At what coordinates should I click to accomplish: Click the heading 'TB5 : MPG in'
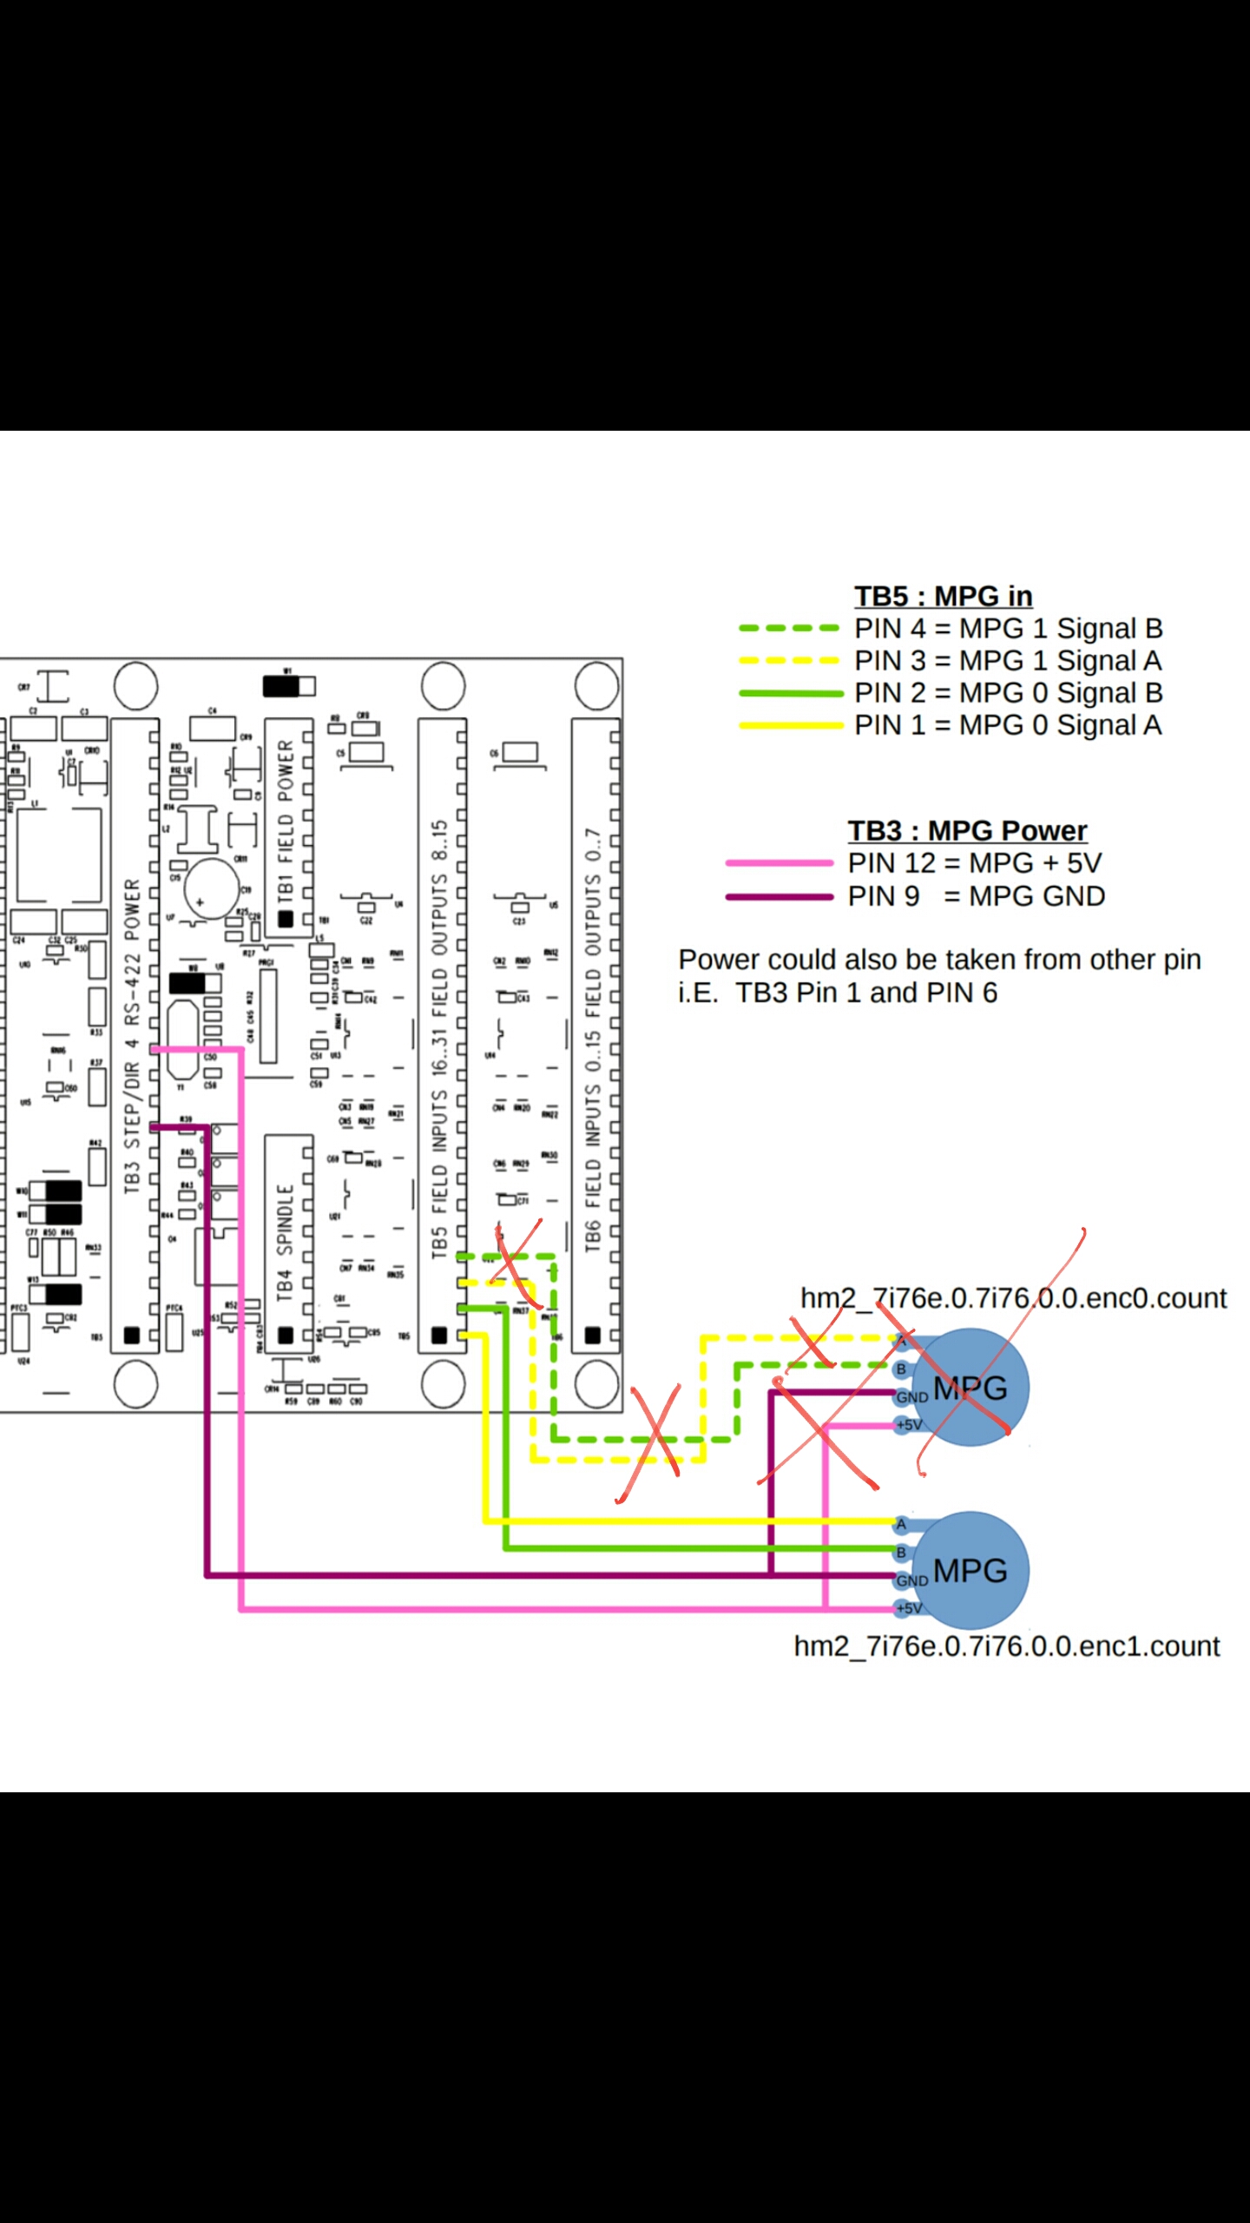(x=943, y=597)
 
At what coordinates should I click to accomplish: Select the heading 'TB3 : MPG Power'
(x=967, y=831)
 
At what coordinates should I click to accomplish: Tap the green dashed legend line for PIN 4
(x=789, y=628)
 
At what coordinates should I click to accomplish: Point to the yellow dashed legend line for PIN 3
(x=789, y=660)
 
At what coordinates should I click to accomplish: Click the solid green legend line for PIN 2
(x=789, y=693)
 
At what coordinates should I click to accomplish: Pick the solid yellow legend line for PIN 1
(x=789, y=725)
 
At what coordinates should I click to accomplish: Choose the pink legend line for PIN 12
(x=779, y=863)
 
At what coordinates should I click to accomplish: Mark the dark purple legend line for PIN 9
(x=779, y=896)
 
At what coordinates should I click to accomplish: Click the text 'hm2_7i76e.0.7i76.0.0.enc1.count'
(x=1007, y=1646)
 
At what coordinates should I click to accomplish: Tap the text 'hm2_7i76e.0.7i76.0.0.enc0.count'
(x=1013, y=1298)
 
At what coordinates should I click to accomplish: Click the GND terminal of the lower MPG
(x=911, y=1580)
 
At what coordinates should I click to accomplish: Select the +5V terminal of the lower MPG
(x=909, y=1608)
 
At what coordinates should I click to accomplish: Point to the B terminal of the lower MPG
(x=902, y=1552)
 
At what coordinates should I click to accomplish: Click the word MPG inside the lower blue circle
(x=970, y=1570)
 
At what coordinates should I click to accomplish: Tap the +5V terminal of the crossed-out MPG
(x=909, y=1425)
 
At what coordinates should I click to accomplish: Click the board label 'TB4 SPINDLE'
(x=285, y=1243)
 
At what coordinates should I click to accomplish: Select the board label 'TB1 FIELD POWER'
(x=286, y=821)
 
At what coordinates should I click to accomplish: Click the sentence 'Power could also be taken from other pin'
(x=939, y=960)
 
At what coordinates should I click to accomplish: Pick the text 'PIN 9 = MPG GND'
(x=976, y=896)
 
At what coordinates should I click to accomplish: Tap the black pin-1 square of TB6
(x=593, y=1335)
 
